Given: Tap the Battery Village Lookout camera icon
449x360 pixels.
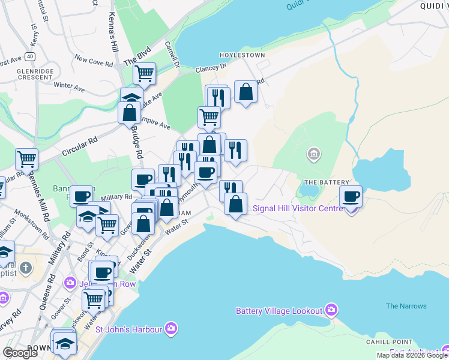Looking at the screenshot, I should [x=331, y=310].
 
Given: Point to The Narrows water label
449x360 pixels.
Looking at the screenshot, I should [x=406, y=306].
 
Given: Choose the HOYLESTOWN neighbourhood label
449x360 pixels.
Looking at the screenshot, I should [x=242, y=55].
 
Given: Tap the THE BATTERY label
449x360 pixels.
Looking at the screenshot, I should [x=327, y=182].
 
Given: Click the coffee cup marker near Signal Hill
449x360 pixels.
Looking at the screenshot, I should [x=351, y=196].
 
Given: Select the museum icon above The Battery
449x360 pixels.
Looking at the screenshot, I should [x=313, y=155].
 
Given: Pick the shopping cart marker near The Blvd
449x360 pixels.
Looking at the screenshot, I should [x=144, y=74].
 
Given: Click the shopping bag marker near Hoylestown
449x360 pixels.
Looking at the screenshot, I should [x=246, y=92].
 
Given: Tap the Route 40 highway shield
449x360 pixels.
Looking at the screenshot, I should [x=30, y=56].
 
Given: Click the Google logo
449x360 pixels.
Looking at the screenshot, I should [x=19, y=353].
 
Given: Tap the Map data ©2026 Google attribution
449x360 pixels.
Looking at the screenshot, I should [x=412, y=355].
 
